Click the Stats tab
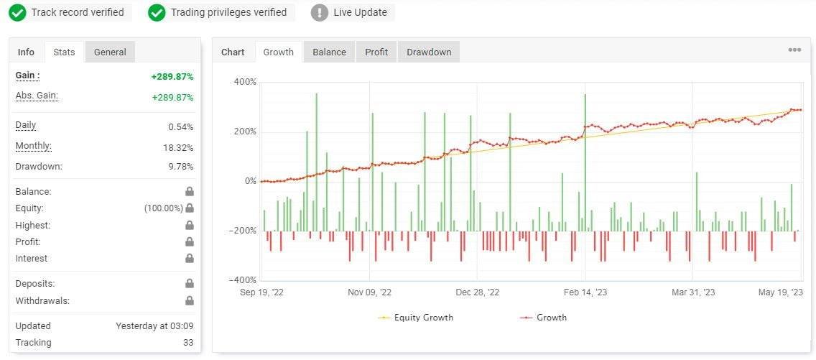[64, 52]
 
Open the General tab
[110, 52]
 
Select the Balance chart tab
[329, 52]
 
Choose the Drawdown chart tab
[429, 52]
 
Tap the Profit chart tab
[376, 52]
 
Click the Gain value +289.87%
[172, 77]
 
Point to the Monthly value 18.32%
[178, 147]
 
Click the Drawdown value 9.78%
[180, 167]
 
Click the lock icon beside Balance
[190, 192]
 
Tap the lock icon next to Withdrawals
[190, 301]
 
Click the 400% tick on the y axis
[245, 82]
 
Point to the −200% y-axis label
[244, 231]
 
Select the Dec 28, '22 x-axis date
[478, 292]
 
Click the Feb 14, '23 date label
[585, 292]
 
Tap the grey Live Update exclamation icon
[320, 12]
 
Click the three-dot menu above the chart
[794, 50]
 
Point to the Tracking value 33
[187, 343]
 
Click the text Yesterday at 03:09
[154, 326]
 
